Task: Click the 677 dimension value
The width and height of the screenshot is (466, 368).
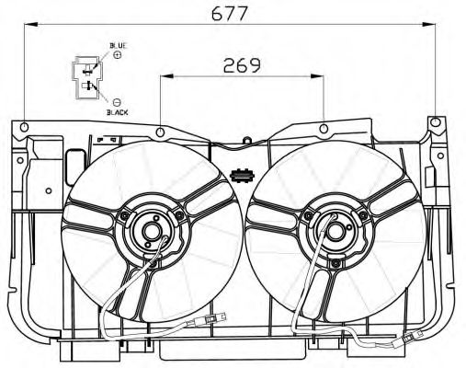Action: click(230, 14)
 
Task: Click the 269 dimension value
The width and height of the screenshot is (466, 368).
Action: click(242, 65)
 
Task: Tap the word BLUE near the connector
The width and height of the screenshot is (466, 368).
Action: click(119, 46)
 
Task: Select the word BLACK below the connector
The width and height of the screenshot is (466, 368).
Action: click(118, 112)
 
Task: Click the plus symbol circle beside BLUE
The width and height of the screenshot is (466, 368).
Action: click(118, 55)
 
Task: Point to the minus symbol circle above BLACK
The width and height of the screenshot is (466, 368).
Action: click(117, 102)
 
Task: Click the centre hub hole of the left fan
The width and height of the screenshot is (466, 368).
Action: click(152, 232)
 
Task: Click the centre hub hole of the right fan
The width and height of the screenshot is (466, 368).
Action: click(335, 232)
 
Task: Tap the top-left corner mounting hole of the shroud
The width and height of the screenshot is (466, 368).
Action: click(24, 127)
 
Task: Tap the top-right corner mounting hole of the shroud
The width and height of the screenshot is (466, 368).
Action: click(435, 122)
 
